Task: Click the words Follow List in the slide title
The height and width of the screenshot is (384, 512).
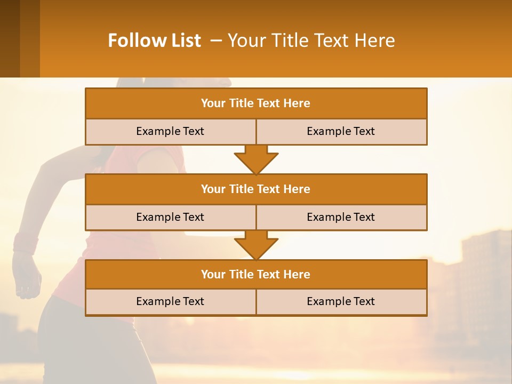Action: (x=154, y=41)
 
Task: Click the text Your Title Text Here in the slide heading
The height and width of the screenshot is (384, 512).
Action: (x=311, y=41)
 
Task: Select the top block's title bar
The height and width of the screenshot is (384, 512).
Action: (x=256, y=103)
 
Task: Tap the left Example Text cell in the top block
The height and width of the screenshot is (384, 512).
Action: (x=170, y=131)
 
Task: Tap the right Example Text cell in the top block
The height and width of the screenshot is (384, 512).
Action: (x=341, y=131)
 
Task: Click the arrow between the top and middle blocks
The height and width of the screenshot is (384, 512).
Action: (x=256, y=159)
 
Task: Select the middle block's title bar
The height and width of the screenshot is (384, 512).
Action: (x=256, y=189)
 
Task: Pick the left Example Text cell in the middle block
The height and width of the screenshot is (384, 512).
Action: (x=170, y=217)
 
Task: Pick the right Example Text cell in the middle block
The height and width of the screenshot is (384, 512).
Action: (x=341, y=217)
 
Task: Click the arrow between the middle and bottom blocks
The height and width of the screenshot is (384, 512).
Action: (x=256, y=244)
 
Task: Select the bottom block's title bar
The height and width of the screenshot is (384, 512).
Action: (x=256, y=274)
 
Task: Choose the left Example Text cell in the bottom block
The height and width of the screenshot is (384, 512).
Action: (x=170, y=301)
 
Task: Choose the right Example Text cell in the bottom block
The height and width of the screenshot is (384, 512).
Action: (x=341, y=301)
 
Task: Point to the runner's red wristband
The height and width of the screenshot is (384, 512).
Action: (x=26, y=243)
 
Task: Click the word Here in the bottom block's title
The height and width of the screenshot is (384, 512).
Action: (x=297, y=274)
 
